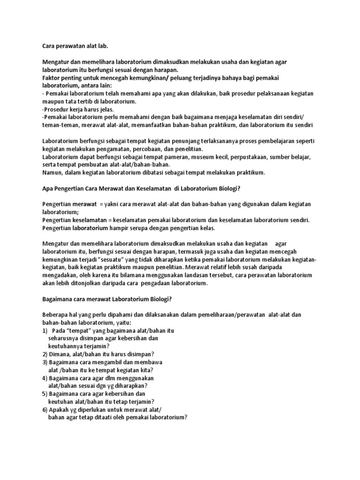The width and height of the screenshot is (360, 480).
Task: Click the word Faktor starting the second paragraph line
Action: tap(51, 77)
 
